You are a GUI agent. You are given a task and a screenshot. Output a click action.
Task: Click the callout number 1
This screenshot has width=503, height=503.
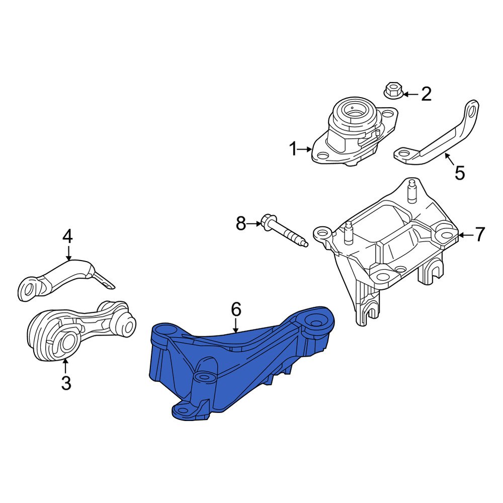[293, 149]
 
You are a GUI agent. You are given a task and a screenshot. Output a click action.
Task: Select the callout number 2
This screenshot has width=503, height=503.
[426, 94]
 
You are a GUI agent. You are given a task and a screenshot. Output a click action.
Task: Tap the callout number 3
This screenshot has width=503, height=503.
[66, 383]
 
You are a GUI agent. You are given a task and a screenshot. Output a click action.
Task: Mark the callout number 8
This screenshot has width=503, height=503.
[241, 223]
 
